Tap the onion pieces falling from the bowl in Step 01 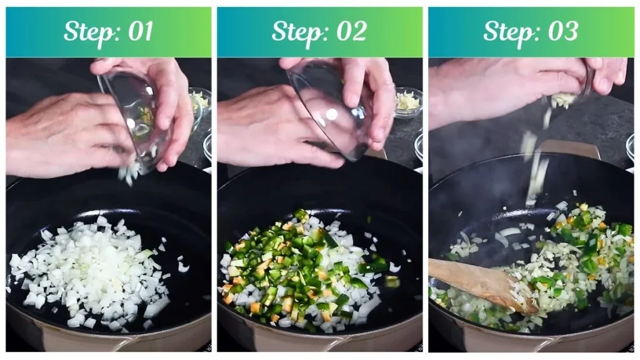[x=130, y=172]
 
